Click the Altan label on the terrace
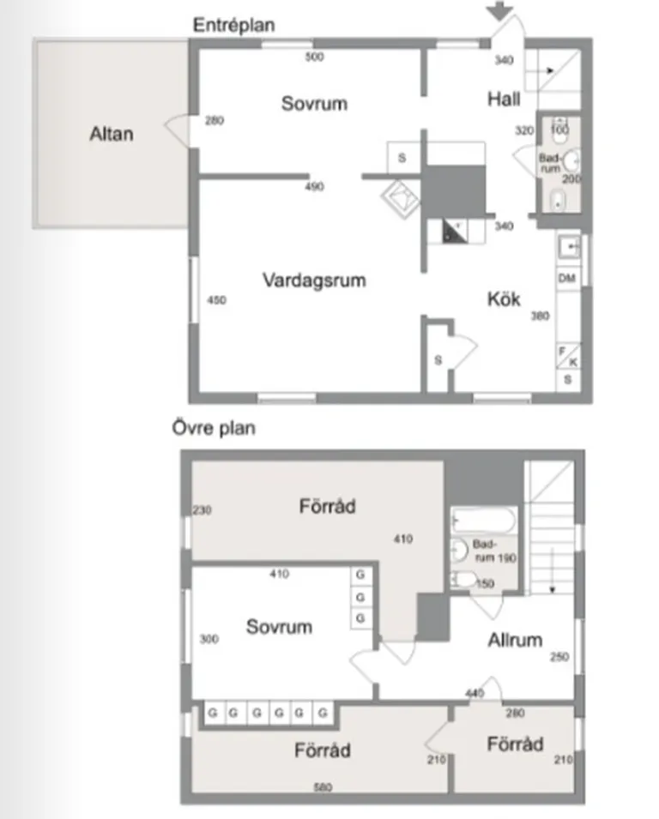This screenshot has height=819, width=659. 112,134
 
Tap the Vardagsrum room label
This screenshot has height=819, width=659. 314,280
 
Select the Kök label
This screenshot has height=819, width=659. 504,299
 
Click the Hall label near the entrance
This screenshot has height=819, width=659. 504,99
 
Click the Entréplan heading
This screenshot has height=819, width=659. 233,25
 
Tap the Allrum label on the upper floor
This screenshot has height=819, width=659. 515,640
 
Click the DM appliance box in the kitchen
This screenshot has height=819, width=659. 566,279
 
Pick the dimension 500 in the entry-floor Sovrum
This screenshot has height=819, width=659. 314,57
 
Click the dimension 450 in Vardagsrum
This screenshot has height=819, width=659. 216,300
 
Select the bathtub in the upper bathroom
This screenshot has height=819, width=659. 483,521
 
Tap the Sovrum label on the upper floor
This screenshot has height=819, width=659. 279,627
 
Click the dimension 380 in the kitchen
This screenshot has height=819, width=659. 539,315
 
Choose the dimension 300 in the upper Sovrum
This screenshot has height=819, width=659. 208,639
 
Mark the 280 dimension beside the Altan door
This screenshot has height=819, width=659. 215,121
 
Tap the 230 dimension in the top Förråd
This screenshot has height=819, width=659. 203,510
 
